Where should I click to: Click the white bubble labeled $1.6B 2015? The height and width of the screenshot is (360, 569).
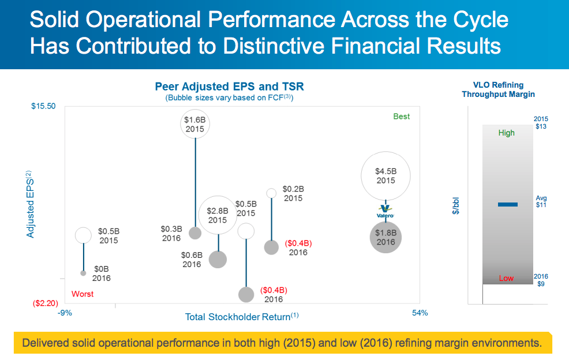(195, 124)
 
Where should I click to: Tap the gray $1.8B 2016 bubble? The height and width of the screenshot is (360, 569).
(385, 237)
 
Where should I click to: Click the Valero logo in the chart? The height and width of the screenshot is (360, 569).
(385, 211)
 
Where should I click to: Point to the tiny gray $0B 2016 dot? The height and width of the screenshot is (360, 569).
(83, 272)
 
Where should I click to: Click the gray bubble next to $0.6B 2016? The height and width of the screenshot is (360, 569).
(218, 259)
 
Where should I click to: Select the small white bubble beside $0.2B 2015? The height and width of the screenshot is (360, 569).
(271, 193)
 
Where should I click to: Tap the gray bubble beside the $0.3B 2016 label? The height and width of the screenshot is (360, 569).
(195, 233)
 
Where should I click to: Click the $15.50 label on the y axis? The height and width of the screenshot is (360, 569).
(43, 106)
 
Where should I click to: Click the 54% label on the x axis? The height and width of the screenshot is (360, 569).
(420, 313)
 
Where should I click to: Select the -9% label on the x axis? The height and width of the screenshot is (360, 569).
(65, 313)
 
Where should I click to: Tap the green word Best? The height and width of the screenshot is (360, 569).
(401, 117)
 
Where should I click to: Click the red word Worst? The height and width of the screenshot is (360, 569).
(82, 294)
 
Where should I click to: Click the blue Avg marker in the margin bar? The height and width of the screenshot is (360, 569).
(507, 204)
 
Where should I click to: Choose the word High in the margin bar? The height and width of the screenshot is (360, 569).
(506, 133)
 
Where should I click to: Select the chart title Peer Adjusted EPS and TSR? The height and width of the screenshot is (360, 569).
(229, 87)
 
